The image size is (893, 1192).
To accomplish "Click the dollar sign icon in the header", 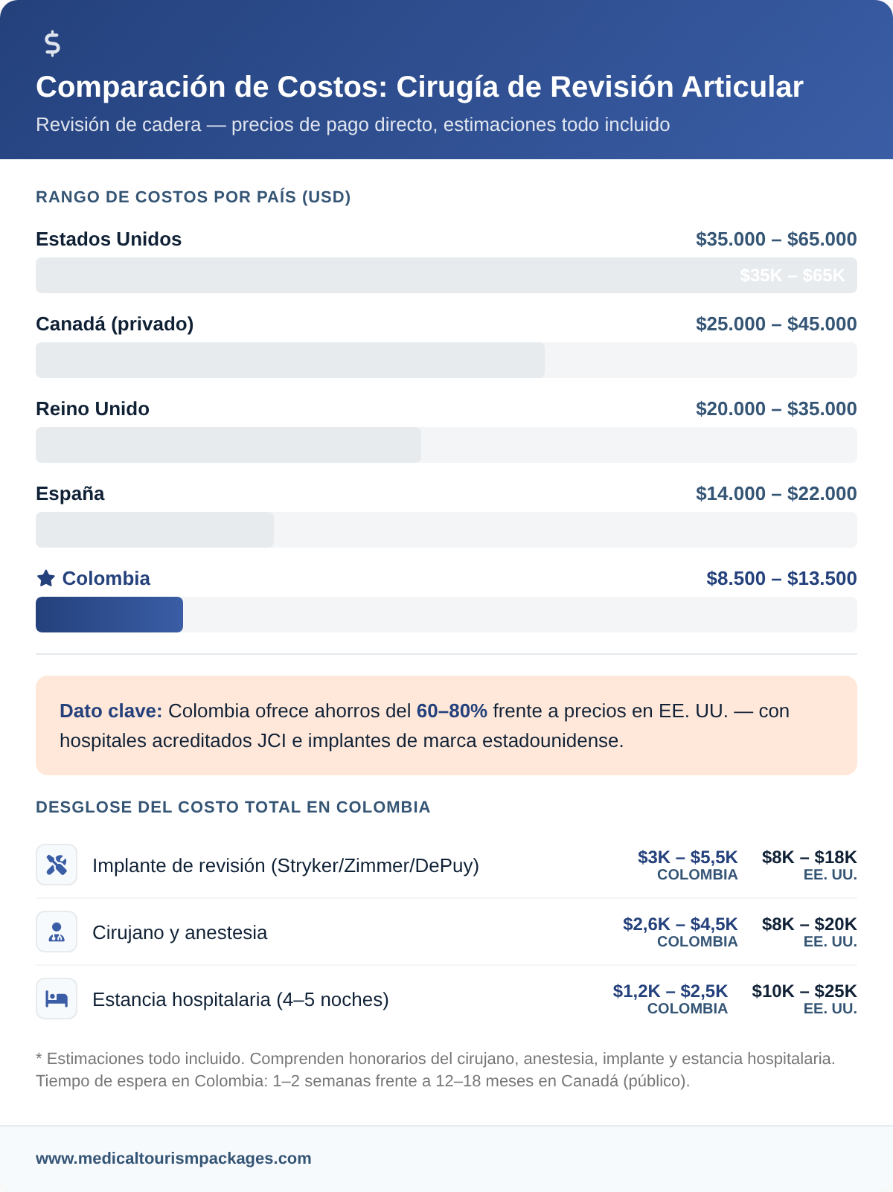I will click(x=52, y=44).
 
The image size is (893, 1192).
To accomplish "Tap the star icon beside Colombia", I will click(x=46, y=578).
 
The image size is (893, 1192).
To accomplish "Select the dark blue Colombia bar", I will click(x=109, y=615).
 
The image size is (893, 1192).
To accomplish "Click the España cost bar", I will click(x=155, y=530).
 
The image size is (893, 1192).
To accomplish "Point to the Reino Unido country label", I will click(x=92, y=408).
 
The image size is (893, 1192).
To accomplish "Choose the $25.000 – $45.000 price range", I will click(x=776, y=324).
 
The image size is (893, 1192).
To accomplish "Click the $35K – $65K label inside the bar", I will click(x=793, y=275).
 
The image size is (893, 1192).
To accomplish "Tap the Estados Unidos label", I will click(x=109, y=239).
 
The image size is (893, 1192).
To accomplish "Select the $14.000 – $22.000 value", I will click(x=776, y=493).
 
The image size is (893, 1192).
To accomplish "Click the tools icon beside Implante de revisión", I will click(x=57, y=865).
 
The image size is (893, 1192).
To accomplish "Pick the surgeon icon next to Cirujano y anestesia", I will click(x=57, y=932).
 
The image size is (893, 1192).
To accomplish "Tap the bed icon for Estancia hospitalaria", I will click(x=57, y=999).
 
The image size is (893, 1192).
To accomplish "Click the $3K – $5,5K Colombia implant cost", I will click(x=688, y=857).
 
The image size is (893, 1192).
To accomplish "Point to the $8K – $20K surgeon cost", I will click(x=809, y=924).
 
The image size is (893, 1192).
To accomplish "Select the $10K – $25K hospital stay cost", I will click(x=804, y=991).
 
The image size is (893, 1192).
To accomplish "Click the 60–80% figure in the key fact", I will click(x=452, y=711).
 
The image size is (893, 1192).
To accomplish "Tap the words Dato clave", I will click(x=111, y=711).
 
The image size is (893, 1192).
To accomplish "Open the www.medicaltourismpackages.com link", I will click(x=173, y=1159).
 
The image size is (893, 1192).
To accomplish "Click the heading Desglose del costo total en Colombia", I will click(x=233, y=807).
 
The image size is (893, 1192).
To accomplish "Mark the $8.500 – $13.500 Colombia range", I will click(x=781, y=578).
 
